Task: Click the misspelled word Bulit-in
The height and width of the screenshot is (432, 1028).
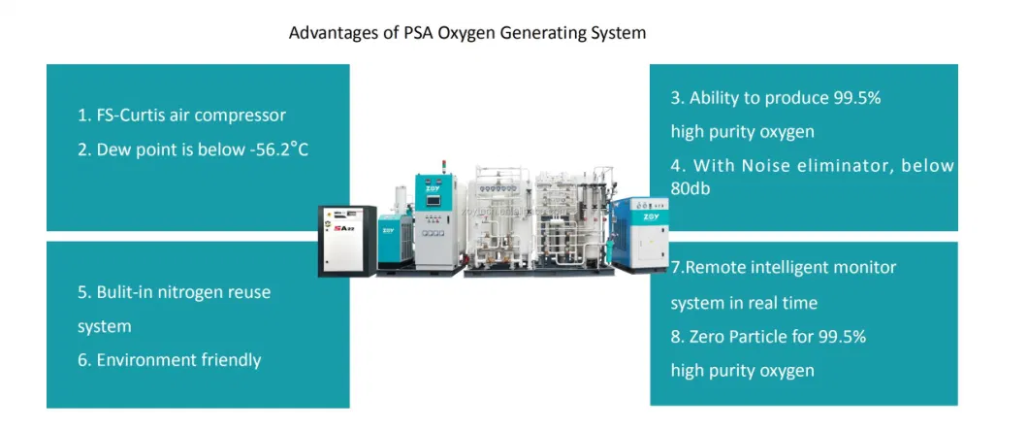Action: [x=126, y=291]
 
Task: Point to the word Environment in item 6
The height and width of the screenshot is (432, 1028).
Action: [x=145, y=360]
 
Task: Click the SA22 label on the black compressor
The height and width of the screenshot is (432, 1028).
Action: [x=342, y=230]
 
